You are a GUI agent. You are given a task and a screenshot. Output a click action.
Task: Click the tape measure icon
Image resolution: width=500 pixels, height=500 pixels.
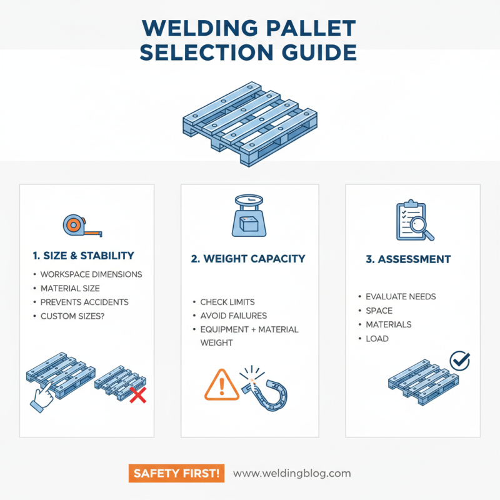point(79,226)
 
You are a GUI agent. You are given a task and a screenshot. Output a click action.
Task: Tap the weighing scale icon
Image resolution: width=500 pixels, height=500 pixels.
point(250,216)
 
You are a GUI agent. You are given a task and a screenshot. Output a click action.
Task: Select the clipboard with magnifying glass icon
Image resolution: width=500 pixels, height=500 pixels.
point(414,221)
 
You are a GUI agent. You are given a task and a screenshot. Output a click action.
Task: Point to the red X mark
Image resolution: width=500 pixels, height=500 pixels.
point(137,394)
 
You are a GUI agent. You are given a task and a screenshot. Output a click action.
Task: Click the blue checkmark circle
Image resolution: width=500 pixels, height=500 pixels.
point(459,361)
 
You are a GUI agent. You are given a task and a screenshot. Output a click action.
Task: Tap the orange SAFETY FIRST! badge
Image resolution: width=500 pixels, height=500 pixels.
point(176,473)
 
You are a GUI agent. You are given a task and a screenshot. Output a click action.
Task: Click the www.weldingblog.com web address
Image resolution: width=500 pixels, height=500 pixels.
point(292,473)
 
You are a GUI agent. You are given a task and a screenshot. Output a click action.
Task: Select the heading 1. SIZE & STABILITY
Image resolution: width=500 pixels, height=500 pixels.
point(83,255)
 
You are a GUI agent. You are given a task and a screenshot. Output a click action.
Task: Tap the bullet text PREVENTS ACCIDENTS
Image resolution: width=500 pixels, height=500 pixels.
point(84,302)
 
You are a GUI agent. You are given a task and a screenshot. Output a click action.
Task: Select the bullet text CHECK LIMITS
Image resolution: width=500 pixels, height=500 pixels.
point(227,302)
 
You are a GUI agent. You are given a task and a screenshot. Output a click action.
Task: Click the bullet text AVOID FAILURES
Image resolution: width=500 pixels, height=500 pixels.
point(234,316)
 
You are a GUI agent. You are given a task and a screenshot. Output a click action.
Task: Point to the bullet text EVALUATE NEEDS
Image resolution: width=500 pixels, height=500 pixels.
point(401,297)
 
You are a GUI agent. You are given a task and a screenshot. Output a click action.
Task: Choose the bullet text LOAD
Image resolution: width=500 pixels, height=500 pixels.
point(377,338)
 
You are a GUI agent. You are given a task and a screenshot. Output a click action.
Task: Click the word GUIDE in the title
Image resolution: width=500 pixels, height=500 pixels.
point(319,52)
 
